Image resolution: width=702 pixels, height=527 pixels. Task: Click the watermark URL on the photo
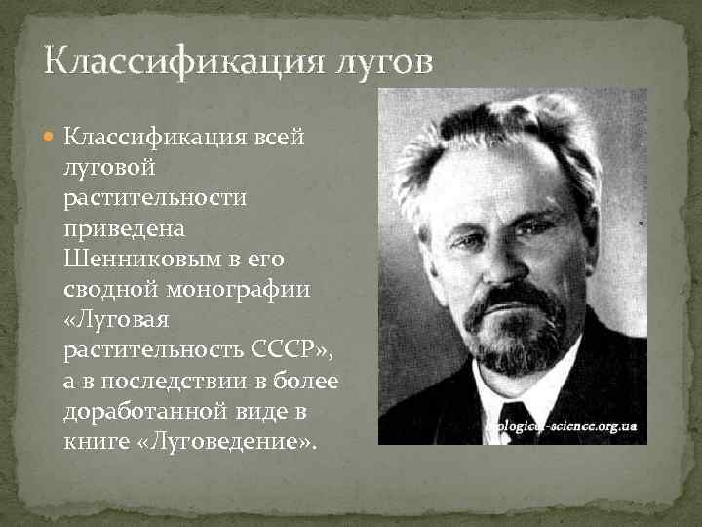coord(562,427)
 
